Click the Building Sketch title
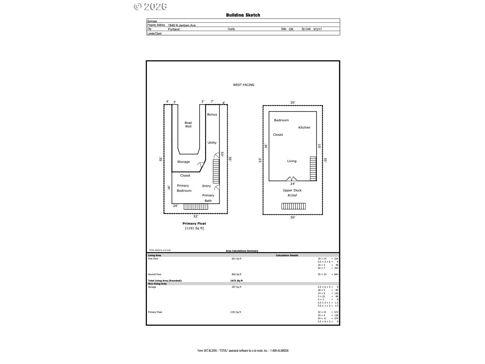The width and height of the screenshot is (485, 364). click(x=243, y=15)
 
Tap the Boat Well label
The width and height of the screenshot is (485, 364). click(x=188, y=125)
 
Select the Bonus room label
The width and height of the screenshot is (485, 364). click(x=212, y=114)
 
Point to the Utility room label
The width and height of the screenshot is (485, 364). click(x=212, y=143)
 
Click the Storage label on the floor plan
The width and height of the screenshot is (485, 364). click(x=183, y=162)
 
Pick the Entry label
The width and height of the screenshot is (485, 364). click(x=206, y=186)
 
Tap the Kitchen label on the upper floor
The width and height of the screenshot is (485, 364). click(x=304, y=127)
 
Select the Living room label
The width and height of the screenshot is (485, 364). click(x=292, y=161)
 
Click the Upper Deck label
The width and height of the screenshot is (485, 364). click(x=292, y=190)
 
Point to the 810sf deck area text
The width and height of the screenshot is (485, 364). click(x=292, y=195)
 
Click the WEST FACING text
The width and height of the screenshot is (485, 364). click(x=244, y=85)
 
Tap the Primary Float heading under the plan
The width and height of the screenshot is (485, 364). click(x=194, y=224)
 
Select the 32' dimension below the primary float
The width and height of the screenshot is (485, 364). click(x=195, y=216)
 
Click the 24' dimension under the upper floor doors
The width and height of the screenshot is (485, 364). click(x=293, y=184)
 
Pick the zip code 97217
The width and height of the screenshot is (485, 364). click(x=318, y=29)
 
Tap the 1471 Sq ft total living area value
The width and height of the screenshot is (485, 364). click(x=236, y=281)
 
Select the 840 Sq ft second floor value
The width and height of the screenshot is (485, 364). click(x=236, y=274)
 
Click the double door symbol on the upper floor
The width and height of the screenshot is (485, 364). click(x=292, y=179)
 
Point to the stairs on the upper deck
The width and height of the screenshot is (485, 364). click(x=293, y=206)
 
